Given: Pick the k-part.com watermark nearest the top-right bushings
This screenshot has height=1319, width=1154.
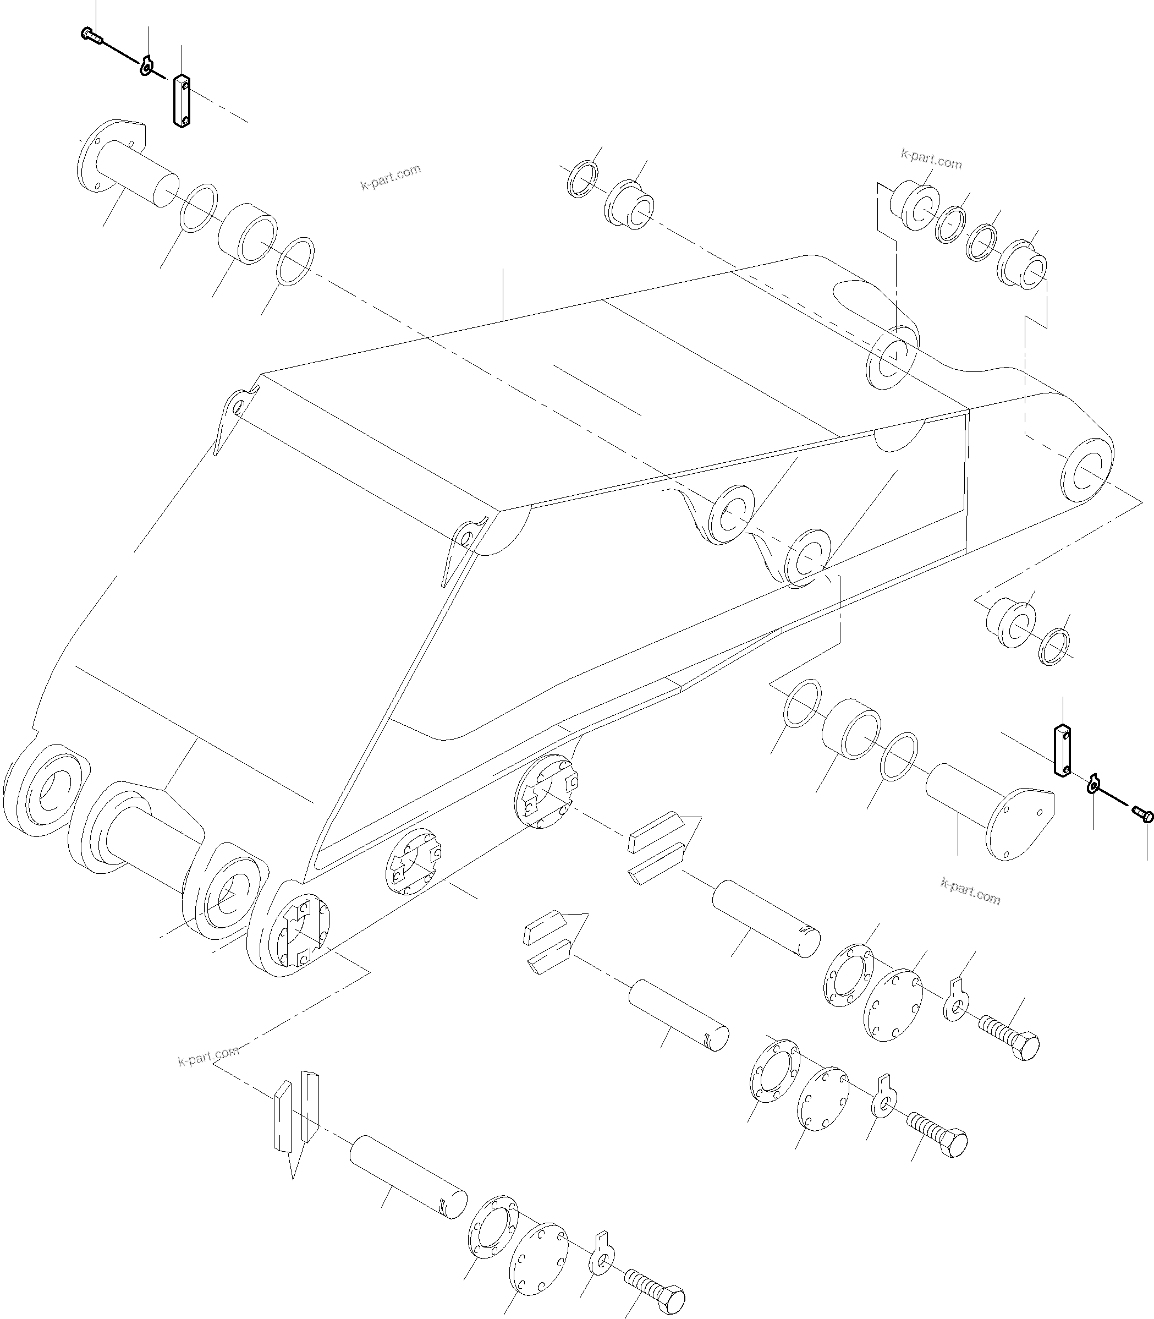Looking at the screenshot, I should click(931, 158).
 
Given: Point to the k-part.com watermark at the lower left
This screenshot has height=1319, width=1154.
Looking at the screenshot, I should click(208, 1057).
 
